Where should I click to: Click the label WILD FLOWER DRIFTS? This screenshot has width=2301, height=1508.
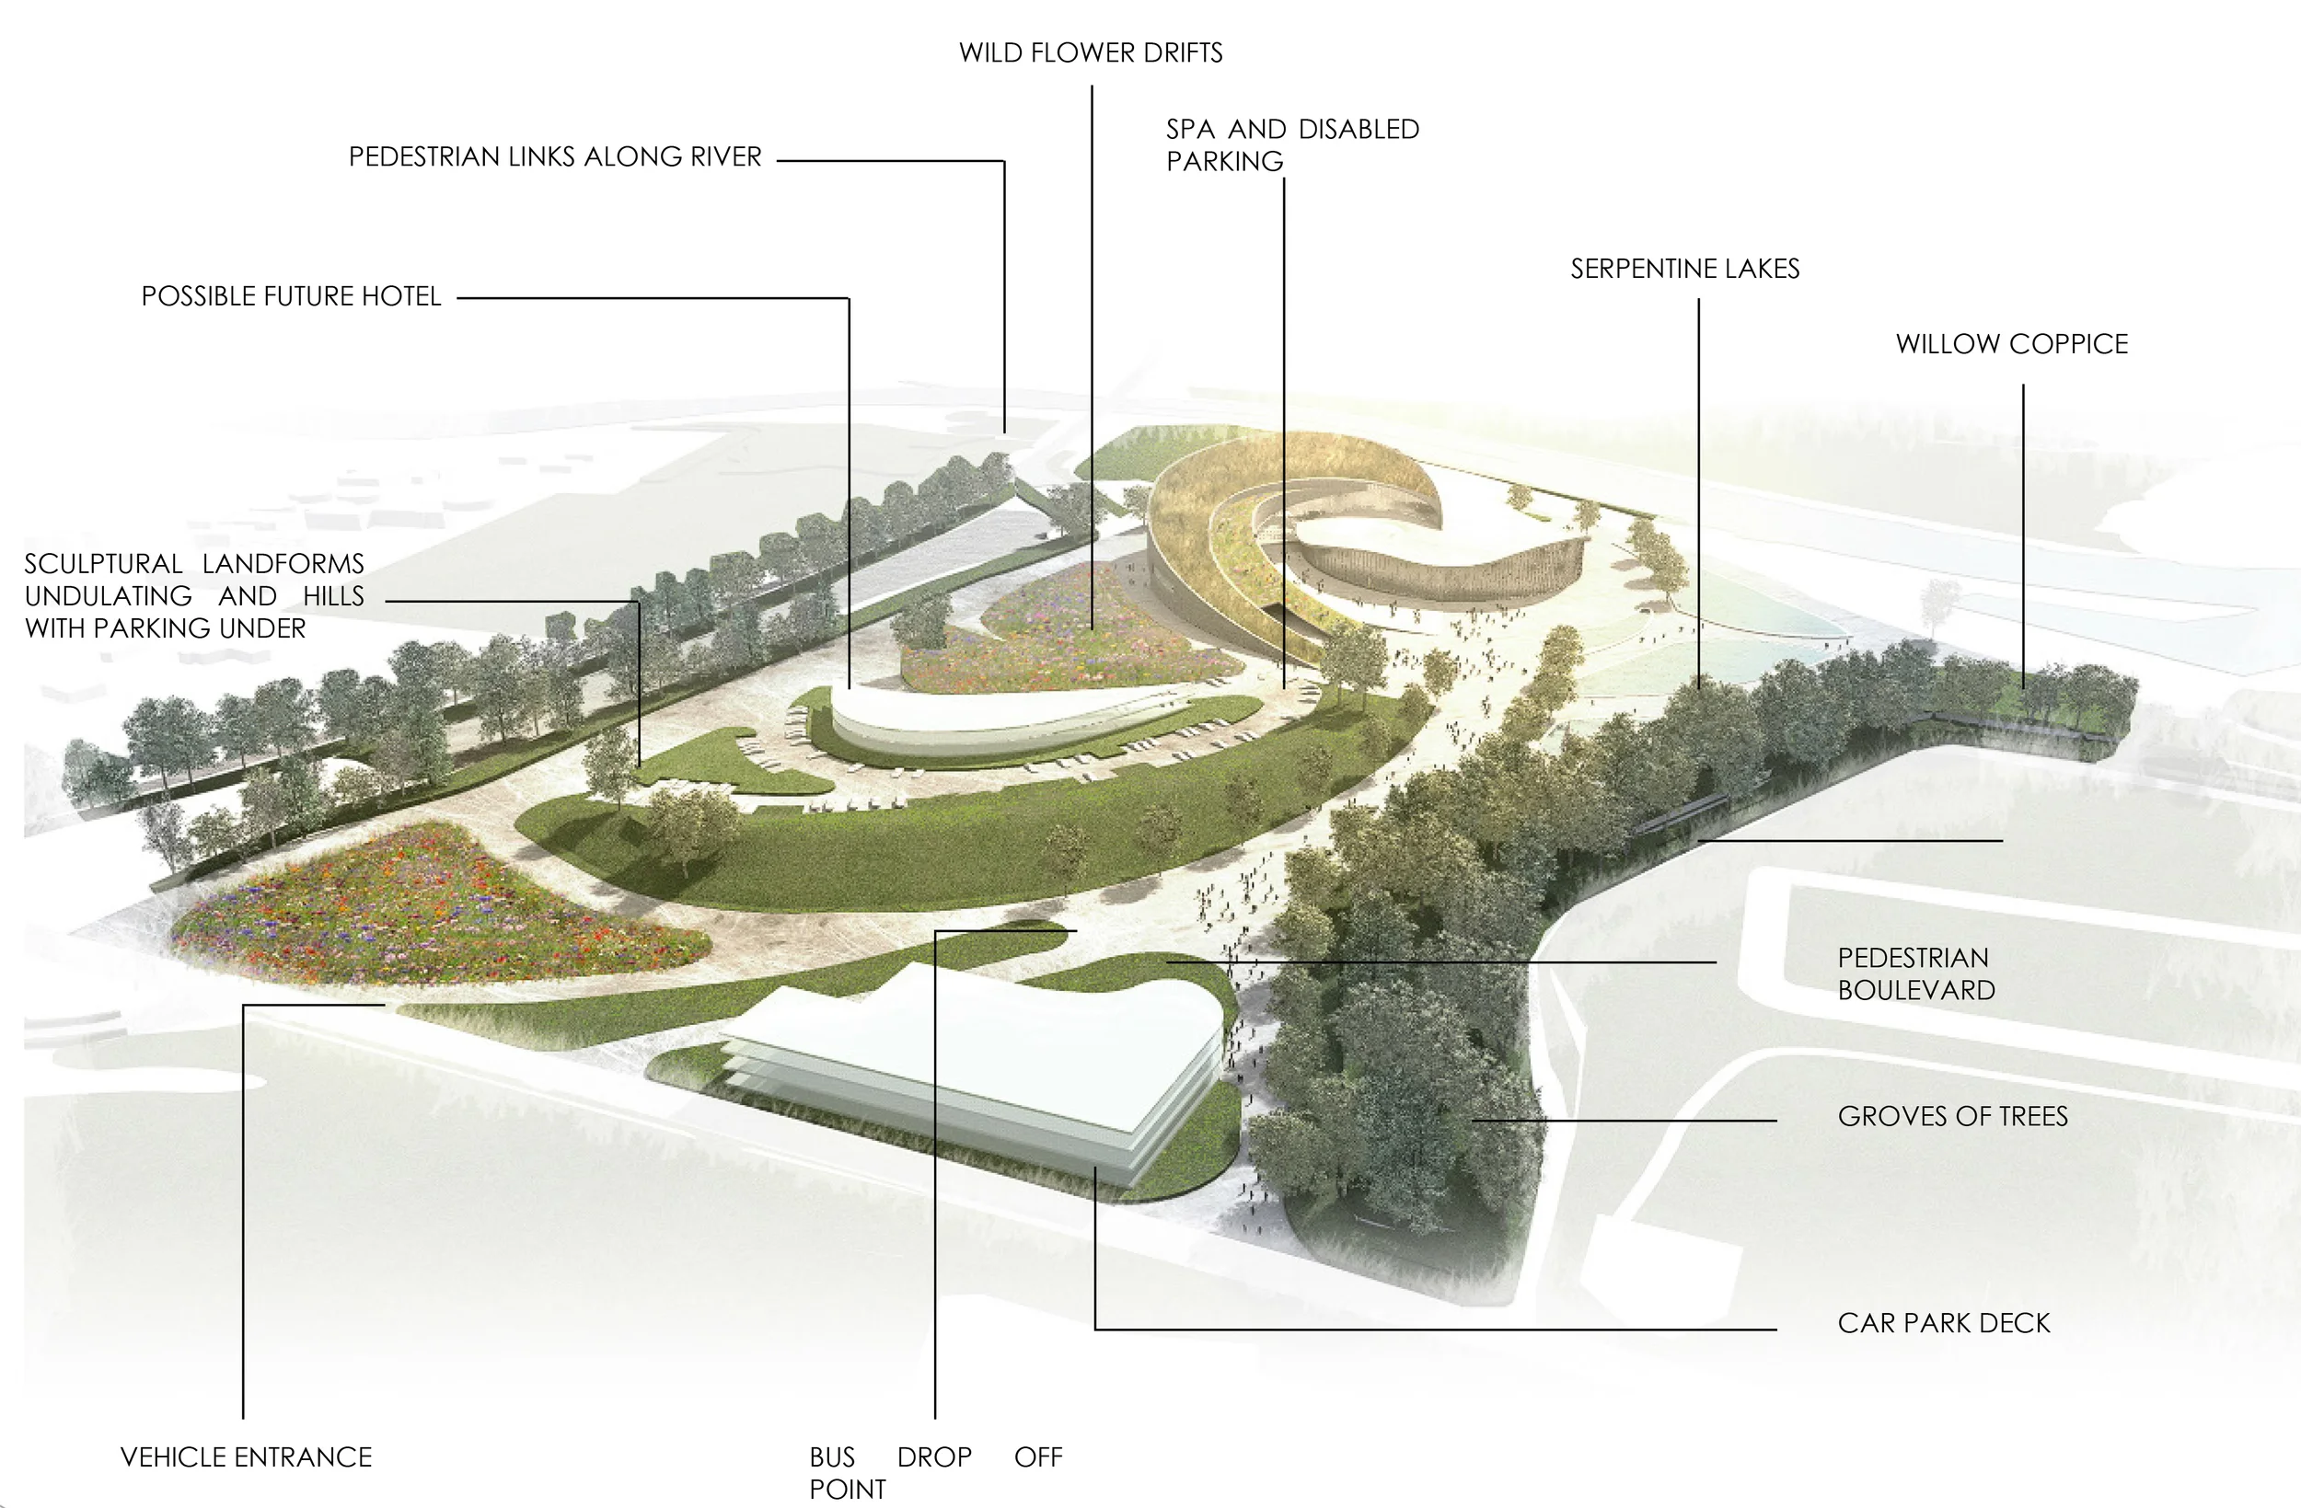pos(1091,52)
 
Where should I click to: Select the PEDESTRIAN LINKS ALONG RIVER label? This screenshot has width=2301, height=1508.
pos(555,156)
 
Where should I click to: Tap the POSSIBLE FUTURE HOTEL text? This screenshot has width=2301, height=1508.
pos(291,295)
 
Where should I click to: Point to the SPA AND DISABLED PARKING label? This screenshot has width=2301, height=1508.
pos(1291,145)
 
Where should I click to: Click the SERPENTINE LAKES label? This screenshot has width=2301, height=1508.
pos(1684,269)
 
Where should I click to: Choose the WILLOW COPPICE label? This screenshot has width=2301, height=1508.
pos(2011,344)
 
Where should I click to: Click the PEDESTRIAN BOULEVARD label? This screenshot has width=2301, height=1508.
pos(1915,973)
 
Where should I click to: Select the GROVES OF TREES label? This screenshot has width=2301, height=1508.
pos(1952,1116)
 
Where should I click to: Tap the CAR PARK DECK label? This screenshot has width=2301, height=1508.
pos(1943,1323)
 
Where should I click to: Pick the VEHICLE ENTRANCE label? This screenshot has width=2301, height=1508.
pos(246,1456)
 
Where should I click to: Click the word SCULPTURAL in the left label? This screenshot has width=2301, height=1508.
pos(102,564)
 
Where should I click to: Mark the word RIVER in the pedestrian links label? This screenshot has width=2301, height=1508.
pos(725,156)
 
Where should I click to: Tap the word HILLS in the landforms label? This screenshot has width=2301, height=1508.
pos(332,596)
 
